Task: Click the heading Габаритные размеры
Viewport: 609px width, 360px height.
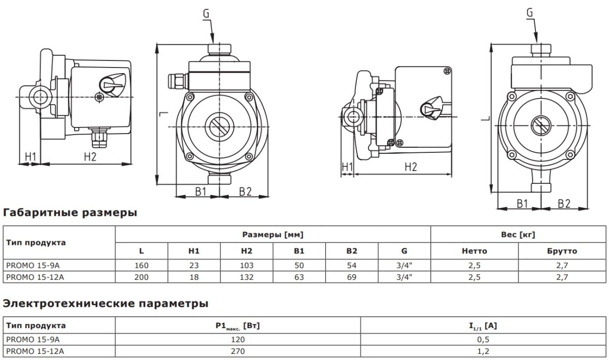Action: (x=70, y=212)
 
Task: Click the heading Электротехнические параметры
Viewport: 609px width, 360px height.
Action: (x=106, y=304)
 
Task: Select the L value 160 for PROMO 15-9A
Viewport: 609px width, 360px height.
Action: (x=142, y=265)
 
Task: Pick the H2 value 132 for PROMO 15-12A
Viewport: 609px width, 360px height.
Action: (x=247, y=277)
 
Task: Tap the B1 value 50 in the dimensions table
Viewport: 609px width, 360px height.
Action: (x=299, y=265)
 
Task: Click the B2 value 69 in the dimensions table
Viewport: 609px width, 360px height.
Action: (x=352, y=277)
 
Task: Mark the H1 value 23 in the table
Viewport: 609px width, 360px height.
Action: (x=194, y=265)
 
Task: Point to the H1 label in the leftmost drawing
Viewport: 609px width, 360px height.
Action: (x=31, y=156)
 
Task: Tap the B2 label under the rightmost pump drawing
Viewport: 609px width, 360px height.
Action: (x=564, y=204)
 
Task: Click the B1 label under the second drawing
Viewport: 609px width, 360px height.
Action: (x=200, y=191)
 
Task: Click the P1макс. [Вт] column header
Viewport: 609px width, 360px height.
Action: (x=238, y=326)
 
